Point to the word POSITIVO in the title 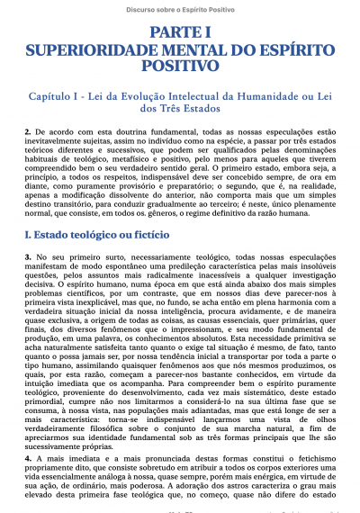pos(180,66)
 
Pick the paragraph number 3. pos(28,258)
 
